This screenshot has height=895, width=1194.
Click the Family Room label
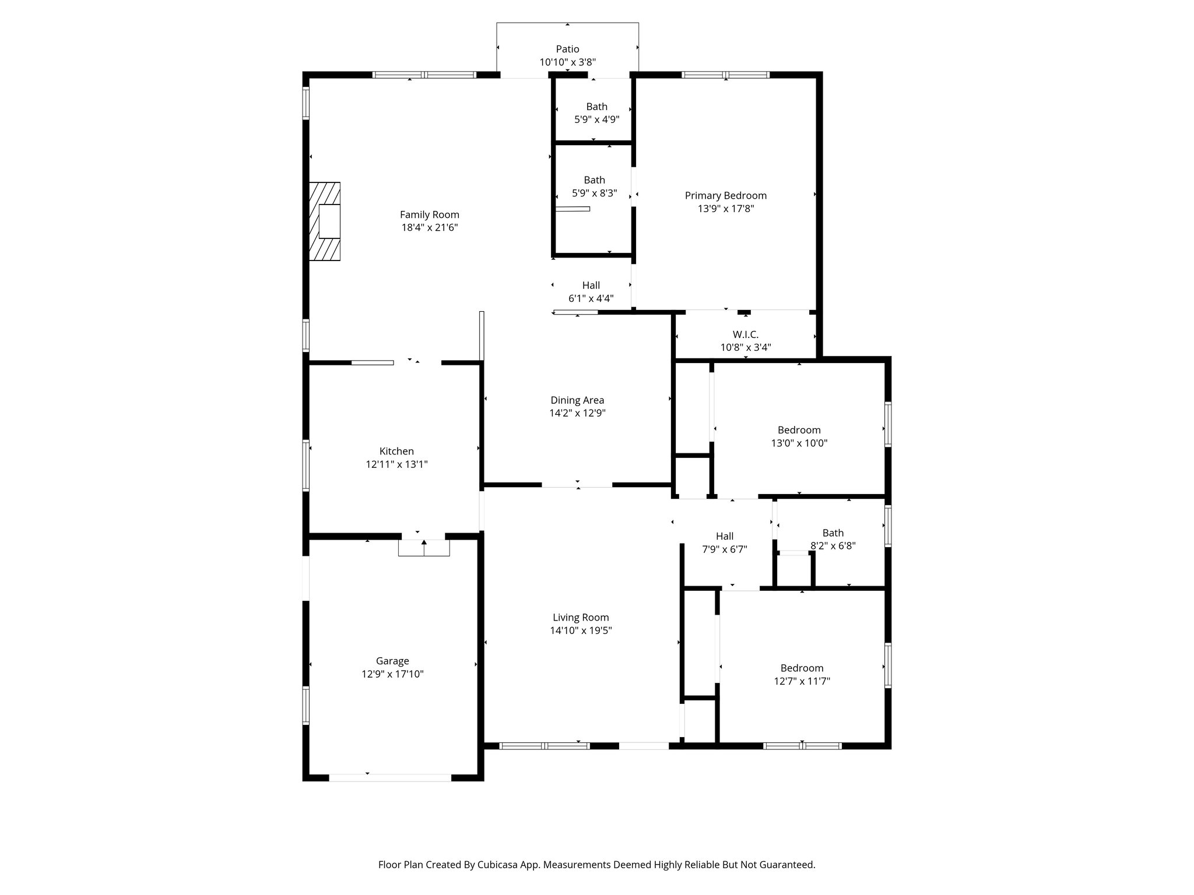click(x=429, y=214)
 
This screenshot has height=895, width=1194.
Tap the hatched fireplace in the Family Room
click(x=325, y=221)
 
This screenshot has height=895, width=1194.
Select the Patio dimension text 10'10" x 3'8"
click(x=567, y=62)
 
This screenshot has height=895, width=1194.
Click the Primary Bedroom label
click(x=725, y=196)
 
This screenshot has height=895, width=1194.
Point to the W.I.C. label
click(x=745, y=334)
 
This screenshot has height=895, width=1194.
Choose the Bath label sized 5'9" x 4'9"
click(x=596, y=107)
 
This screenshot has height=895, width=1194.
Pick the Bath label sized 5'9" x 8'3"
click(x=594, y=180)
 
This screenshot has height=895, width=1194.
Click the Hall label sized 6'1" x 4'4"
click(x=591, y=286)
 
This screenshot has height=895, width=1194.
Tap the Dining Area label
click(x=577, y=400)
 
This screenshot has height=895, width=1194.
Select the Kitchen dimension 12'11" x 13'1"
click(x=396, y=464)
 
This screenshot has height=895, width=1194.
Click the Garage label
click(x=392, y=661)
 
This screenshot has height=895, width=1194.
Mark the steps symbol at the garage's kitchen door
click(x=424, y=548)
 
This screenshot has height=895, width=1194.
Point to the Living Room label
click(x=581, y=618)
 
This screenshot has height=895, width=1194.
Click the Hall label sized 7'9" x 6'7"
click(x=725, y=536)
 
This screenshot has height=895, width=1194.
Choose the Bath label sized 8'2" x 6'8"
click(x=833, y=533)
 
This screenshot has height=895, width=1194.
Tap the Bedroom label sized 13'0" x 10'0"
click(x=799, y=430)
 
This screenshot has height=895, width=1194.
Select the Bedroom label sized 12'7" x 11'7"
click(x=802, y=668)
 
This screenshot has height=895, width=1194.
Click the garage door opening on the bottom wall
click(x=390, y=777)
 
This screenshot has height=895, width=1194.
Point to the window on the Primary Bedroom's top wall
click(x=725, y=75)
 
